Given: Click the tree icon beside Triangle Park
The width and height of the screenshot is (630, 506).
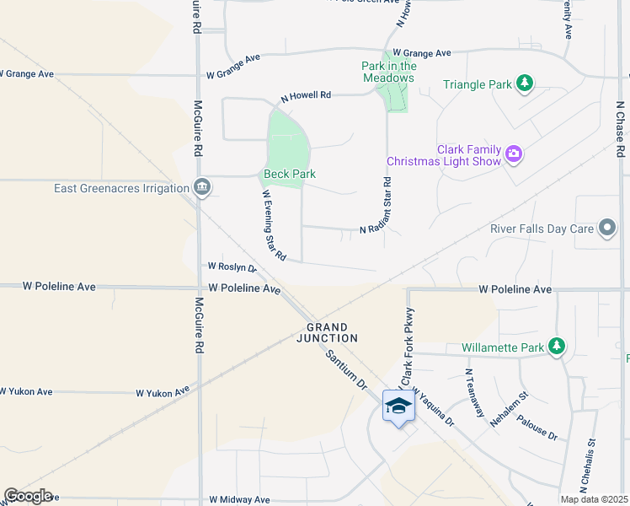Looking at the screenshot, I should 525,83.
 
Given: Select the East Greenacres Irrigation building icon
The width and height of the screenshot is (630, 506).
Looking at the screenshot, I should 201,188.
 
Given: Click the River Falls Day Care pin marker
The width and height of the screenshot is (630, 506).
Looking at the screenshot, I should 606,229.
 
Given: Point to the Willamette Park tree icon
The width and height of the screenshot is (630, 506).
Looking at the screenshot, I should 556,347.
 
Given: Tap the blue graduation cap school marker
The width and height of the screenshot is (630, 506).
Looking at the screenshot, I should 398,407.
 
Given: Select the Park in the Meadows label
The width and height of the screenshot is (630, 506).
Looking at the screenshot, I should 388,72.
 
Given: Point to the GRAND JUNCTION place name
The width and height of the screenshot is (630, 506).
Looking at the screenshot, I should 332,332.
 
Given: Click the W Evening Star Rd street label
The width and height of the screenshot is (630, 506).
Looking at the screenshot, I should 274,224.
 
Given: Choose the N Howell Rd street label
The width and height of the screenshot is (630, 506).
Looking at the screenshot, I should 306,96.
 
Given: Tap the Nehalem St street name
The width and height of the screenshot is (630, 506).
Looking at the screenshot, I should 511,408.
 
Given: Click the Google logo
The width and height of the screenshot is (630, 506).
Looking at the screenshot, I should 28,496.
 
